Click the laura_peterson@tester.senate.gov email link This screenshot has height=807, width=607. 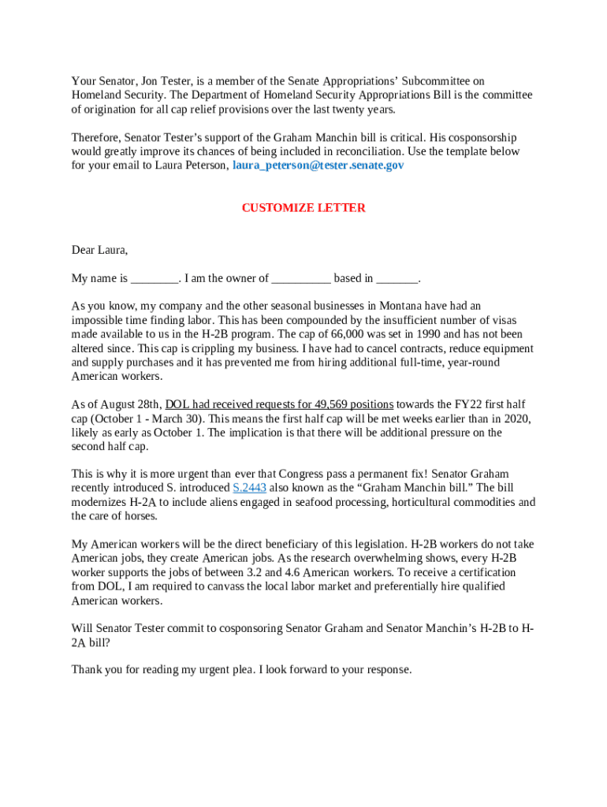tap(318, 165)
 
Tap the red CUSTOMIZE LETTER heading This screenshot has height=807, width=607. tap(303, 208)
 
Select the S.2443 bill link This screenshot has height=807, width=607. tap(250, 488)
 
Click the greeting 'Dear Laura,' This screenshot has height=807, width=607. tap(99, 250)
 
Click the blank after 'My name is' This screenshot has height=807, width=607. tap(155, 278)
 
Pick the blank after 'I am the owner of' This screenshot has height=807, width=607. tap(301, 278)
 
